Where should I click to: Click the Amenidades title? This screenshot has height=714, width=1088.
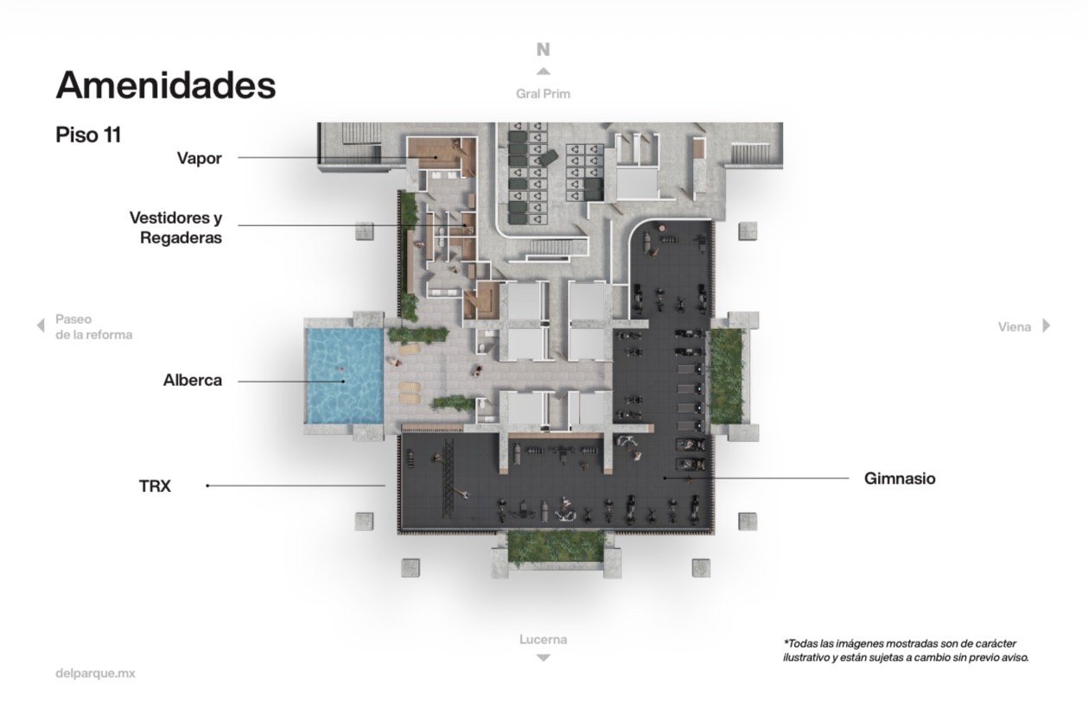[166, 85]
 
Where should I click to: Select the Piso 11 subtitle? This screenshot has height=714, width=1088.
[88, 135]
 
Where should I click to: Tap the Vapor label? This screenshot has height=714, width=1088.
[199, 158]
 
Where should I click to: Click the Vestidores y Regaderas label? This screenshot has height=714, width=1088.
[175, 228]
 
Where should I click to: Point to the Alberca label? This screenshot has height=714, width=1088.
[193, 380]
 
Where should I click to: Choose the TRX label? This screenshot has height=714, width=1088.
[155, 486]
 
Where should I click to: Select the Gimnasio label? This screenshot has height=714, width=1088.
[900, 478]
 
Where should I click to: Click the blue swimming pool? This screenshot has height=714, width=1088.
[344, 376]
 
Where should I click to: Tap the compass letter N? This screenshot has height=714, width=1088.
[543, 49]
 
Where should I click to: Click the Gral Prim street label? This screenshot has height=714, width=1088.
[543, 94]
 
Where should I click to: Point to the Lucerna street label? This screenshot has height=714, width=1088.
[543, 639]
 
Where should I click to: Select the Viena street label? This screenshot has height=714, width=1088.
[1015, 327]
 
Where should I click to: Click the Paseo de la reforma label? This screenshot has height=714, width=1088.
[93, 326]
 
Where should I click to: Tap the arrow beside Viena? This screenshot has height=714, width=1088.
[1047, 325]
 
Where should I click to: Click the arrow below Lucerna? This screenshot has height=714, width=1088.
[543, 658]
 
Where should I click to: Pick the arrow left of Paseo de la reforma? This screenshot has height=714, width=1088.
[41, 325]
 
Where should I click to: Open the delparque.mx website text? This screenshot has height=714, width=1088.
[95, 673]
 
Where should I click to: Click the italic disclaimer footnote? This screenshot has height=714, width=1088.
[906, 650]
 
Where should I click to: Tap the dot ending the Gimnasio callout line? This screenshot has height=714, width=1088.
[665, 478]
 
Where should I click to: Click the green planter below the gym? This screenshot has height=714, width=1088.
[557, 547]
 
